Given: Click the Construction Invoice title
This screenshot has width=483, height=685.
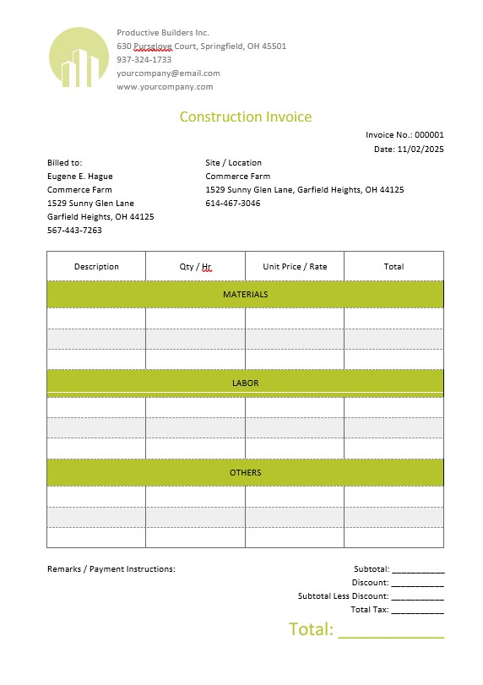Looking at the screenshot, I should coord(245,117).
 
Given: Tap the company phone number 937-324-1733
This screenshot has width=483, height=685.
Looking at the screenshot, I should coord(144,60).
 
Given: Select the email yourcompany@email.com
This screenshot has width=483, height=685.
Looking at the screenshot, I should coord(168,73).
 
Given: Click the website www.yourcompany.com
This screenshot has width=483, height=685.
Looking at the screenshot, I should coord(165,86).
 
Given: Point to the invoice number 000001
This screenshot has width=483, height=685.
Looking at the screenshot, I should coord(429,135).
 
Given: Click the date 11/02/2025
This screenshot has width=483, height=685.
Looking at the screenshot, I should coord(421,149).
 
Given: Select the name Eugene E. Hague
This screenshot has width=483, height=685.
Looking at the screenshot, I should coord(79,176).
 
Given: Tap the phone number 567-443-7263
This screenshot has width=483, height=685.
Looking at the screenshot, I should coord(74,230).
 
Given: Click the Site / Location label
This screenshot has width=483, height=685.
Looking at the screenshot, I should coord(233,162).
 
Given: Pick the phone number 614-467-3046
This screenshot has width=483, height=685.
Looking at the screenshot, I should coord(232,203).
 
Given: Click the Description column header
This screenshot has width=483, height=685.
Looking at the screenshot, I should coord(96,266).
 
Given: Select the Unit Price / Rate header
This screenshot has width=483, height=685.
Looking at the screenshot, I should coord(295,266).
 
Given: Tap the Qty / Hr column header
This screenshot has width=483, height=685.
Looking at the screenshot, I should coord(195,266).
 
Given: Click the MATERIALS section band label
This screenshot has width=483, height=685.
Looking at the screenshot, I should coord(245,294).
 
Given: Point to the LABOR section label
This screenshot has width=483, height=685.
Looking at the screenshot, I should coord(245,383).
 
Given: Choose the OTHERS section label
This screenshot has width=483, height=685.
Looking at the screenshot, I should coord(245,472).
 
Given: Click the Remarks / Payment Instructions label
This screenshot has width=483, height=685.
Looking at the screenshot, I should coord(111,568).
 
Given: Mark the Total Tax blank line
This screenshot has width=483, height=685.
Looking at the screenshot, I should coord(417,611).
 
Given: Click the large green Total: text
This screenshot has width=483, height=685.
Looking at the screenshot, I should coord(312,629).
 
